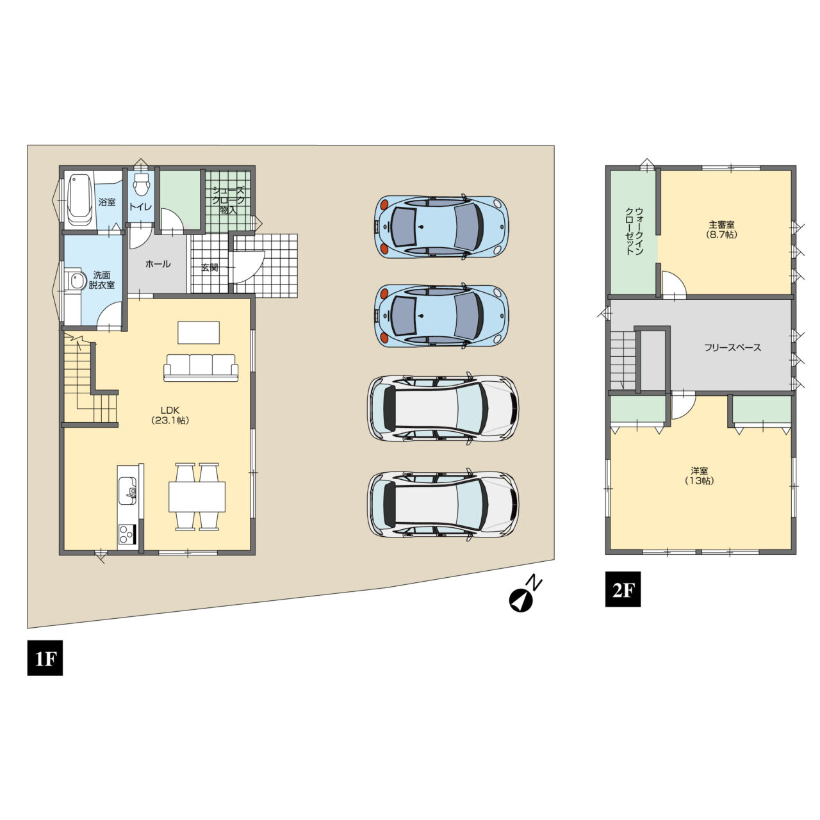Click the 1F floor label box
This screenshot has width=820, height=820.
pos(45,657)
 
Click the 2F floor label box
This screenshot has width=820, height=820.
pos(623,589)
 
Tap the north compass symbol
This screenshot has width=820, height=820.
pos(525,595)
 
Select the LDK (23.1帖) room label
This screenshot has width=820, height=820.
pos(170,415)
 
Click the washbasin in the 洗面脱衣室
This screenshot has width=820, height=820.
pos(76,281)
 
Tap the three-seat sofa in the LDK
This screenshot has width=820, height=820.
pos(201,367)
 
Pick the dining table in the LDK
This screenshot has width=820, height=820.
pos(197,497)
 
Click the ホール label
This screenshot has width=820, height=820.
pos(158,264)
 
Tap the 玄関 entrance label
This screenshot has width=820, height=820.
pos(209,267)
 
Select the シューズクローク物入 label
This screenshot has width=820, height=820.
pos(229,201)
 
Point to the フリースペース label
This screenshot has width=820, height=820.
pos(733,348)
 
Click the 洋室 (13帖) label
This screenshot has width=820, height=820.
pos(700,476)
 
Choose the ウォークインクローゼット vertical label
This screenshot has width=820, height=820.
pos(634,231)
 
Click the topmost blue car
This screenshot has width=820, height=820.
pos(441,227)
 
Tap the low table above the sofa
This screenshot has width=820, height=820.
pos(199,332)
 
